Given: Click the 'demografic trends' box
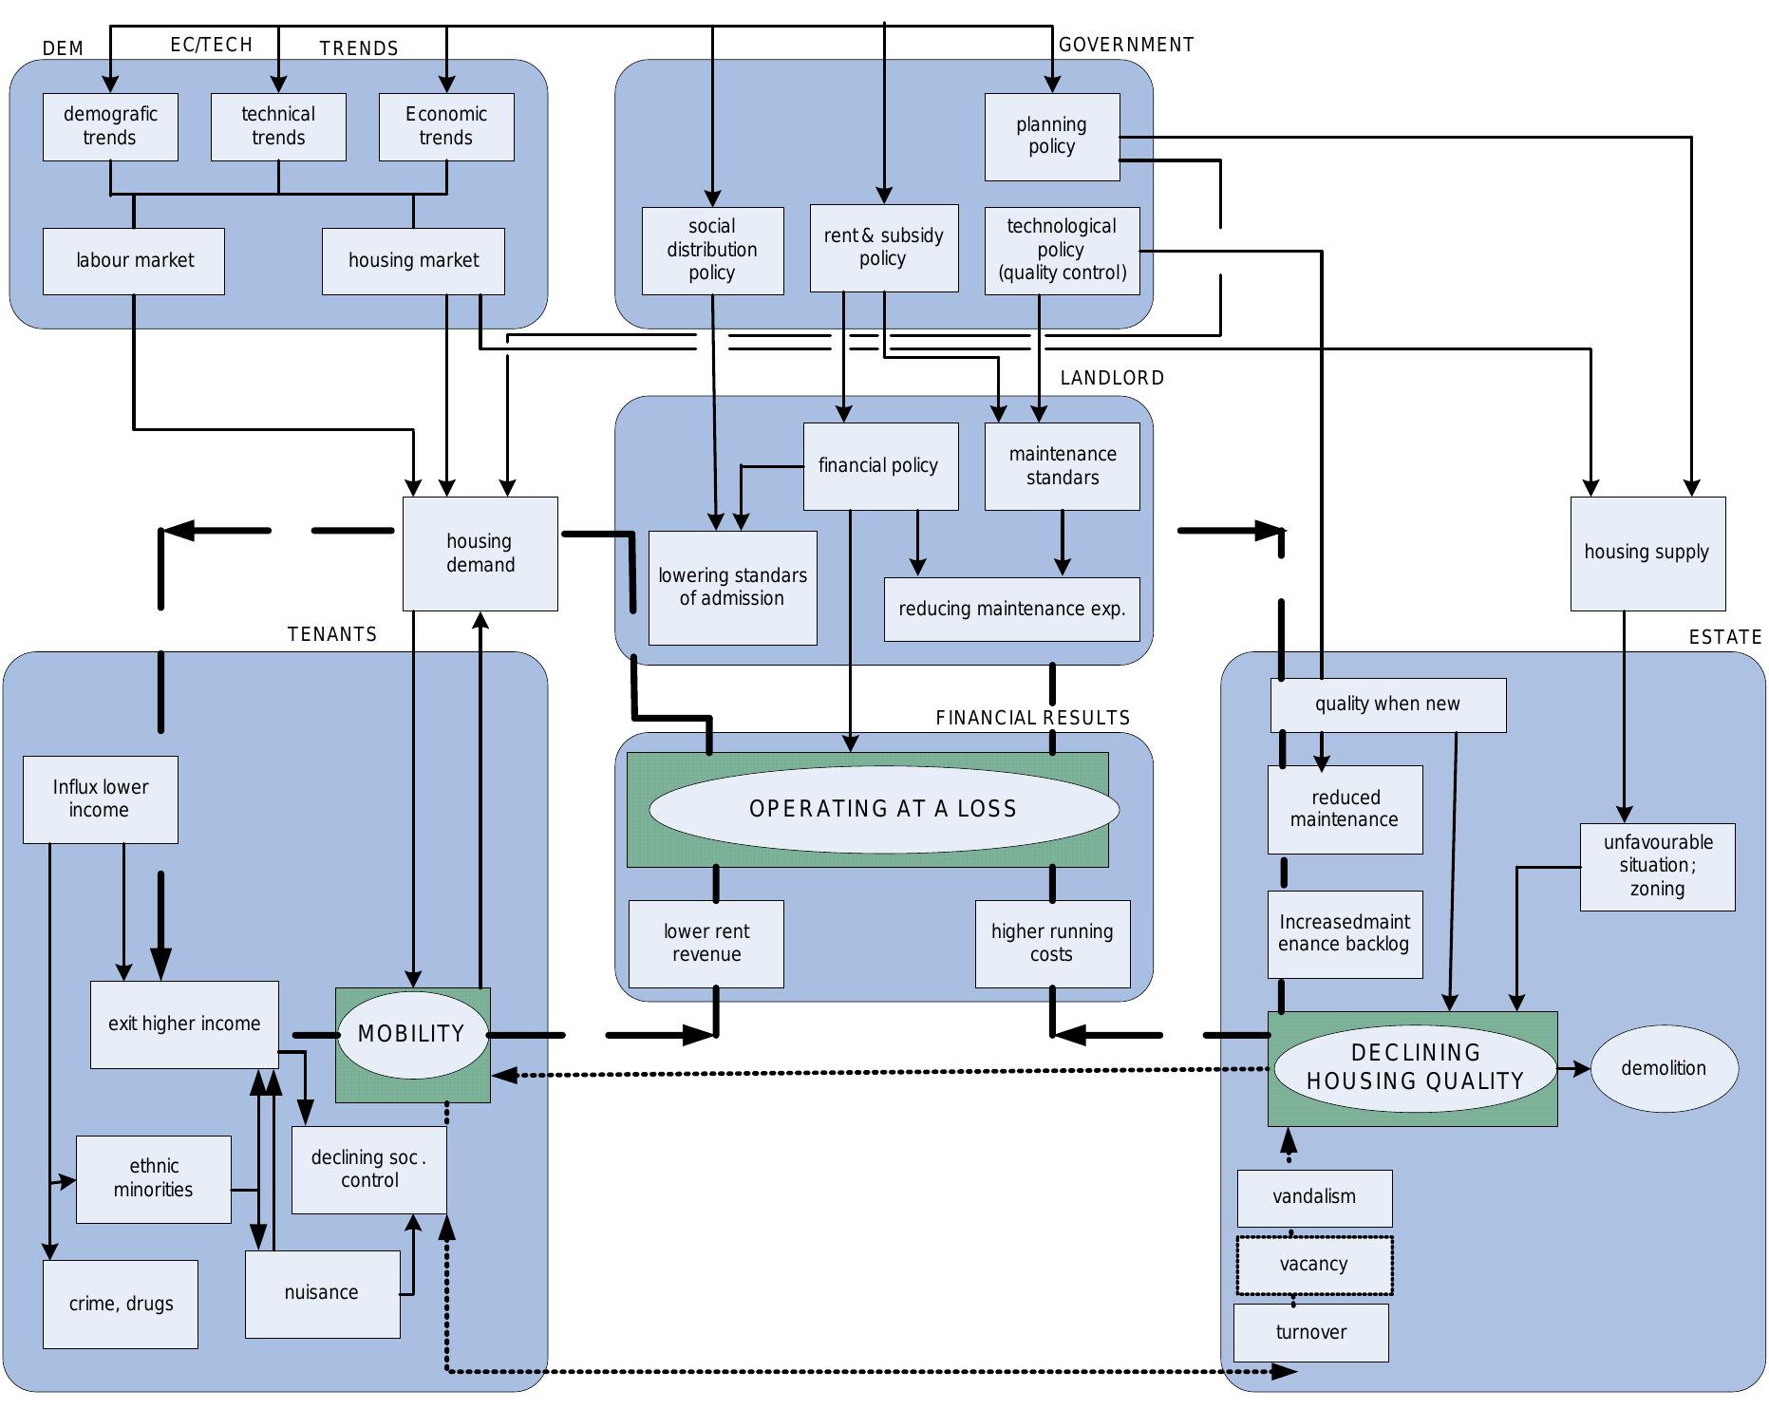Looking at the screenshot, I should coord(110,126).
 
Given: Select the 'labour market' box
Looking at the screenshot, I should coord(134,261).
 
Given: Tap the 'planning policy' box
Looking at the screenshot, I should coord(1051,136).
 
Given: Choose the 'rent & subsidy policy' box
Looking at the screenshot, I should coord(883,248).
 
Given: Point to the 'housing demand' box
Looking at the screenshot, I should coord(480,553).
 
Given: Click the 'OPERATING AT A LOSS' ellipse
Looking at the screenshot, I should coord(883,809).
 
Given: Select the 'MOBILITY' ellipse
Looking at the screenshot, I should coord(412,1034).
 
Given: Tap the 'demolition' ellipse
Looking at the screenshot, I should coord(1664,1068).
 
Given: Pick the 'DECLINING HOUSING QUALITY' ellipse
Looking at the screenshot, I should coord(1415,1067).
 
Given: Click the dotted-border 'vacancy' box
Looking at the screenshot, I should coord(1314,1265).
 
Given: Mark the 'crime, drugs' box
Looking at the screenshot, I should coord(121,1304).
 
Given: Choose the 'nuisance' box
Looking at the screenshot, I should coord(322,1293).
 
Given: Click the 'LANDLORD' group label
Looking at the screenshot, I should coord(1112,378).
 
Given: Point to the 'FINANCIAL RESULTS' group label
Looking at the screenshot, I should coord(1032,718).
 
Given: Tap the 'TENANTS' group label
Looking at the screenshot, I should coord(332,634).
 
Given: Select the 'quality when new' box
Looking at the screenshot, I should coord(1387,704).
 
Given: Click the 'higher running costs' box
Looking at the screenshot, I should coord(1052,943).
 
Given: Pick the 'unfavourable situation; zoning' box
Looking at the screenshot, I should coord(1657,866).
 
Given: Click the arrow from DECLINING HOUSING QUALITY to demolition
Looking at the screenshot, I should coord(1573,1068).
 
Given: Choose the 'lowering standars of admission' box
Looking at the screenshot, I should coord(732,587).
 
